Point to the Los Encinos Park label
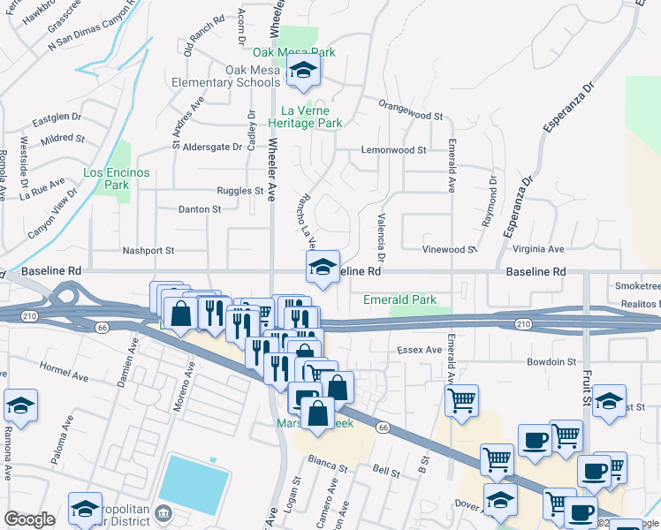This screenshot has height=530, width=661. tap(117, 179)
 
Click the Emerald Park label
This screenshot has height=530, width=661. tap(399, 300)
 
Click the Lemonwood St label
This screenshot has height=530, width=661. tap(393, 150)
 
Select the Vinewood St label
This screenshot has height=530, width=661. tap(449, 250)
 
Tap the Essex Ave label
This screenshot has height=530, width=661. tap(420, 351)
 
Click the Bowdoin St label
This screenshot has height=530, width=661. tap(551, 362)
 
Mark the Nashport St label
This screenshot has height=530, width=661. tap(148, 251)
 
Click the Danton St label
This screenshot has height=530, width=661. tap(200, 209)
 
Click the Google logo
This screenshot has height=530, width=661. tap(29, 519)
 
